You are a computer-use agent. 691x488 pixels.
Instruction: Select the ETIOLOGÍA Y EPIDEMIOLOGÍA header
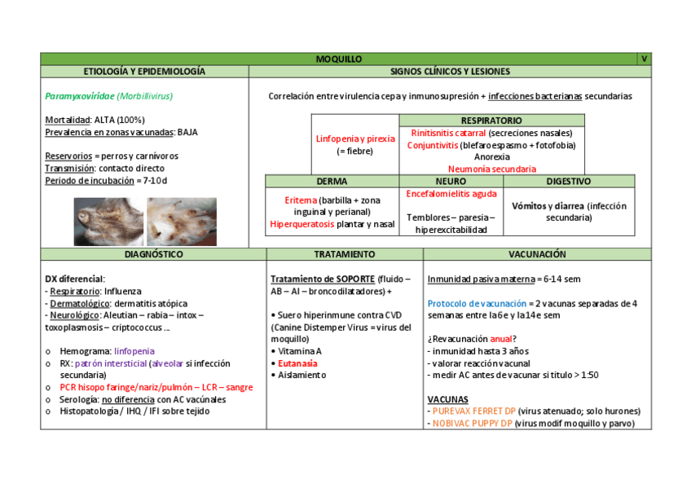click(144, 72)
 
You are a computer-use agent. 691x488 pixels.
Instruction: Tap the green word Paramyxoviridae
click(79, 96)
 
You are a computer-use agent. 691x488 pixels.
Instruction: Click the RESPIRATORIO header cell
click(491, 121)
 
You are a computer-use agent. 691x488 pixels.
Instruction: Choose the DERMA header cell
click(332, 182)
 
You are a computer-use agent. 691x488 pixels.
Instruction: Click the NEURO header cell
click(451, 182)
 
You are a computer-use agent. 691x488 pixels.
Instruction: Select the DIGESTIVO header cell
click(568, 182)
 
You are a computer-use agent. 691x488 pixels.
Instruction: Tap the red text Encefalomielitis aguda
click(451, 194)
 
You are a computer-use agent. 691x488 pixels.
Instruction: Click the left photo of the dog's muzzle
click(108, 222)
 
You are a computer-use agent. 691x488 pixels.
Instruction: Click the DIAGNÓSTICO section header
click(153, 255)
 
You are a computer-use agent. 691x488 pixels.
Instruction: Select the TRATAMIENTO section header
click(345, 255)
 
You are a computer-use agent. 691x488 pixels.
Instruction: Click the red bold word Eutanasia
click(297, 363)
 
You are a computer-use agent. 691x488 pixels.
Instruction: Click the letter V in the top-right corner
click(644, 59)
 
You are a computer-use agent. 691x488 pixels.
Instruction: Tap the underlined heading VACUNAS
click(447, 399)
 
